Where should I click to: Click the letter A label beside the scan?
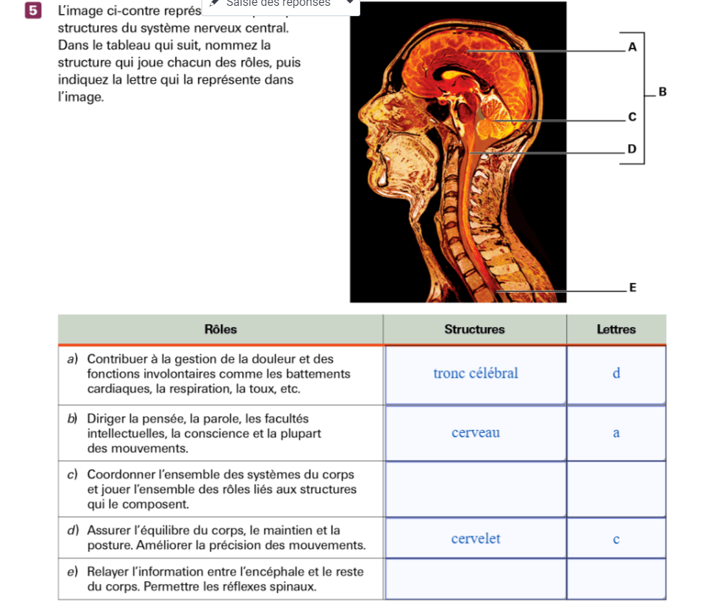point(632,47)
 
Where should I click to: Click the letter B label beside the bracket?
point(662,93)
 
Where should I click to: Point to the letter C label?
point(631,118)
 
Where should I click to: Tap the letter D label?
point(631,149)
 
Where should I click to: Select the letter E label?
point(631,287)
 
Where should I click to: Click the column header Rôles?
point(221,329)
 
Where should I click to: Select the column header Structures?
point(474,329)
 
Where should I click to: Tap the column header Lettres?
point(615,329)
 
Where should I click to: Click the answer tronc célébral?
point(475,373)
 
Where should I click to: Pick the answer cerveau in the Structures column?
point(475,433)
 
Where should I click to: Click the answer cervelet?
point(475,539)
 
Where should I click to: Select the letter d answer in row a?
point(616,373)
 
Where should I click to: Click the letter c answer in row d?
point(616,539)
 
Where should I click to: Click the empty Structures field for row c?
point(475,489)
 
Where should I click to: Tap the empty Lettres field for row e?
point(616,579)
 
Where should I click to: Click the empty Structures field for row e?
point(475,579)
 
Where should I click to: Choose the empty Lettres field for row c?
point(616,489)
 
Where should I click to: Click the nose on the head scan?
point(362,118)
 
